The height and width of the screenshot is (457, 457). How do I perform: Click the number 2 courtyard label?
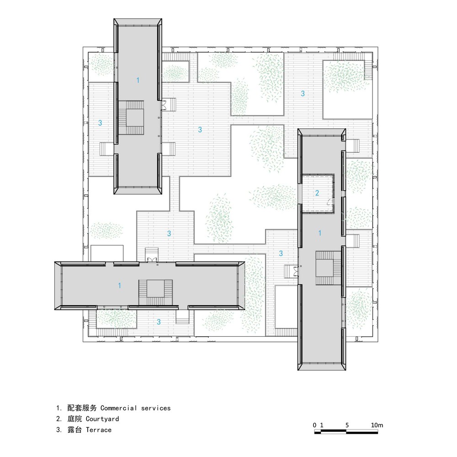[317, 193]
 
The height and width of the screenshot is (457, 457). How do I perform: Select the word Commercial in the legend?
[119, 408]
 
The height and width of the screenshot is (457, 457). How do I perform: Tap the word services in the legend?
[156, 408]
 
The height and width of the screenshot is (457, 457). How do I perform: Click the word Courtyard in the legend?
[102, 419]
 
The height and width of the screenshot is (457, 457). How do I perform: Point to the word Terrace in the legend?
[99, 430]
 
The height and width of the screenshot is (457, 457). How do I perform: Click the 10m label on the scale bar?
[377, 425]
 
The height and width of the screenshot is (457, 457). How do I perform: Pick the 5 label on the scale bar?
[347, 425]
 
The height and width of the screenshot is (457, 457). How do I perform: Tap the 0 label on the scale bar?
[314, 425]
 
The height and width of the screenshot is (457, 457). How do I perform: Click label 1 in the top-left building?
[138, 80]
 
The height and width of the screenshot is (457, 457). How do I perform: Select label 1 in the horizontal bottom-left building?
[119, 285]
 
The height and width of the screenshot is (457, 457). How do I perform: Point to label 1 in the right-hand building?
[320, 233]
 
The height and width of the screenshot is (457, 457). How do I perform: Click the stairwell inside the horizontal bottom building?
[155, 292]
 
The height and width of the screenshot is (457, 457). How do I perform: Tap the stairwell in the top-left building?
[131, 117]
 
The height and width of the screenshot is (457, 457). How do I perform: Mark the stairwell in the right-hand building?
[328, 268]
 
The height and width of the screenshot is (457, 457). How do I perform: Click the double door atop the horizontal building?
[152, 260]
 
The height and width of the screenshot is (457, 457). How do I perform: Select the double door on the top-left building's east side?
[163, 105]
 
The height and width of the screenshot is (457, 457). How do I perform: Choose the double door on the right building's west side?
[296, 271]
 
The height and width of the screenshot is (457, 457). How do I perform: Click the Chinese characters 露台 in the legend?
[74, 430]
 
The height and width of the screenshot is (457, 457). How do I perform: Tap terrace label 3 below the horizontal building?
[159, 322]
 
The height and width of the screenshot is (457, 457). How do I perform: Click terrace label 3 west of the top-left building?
[100, 122]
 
